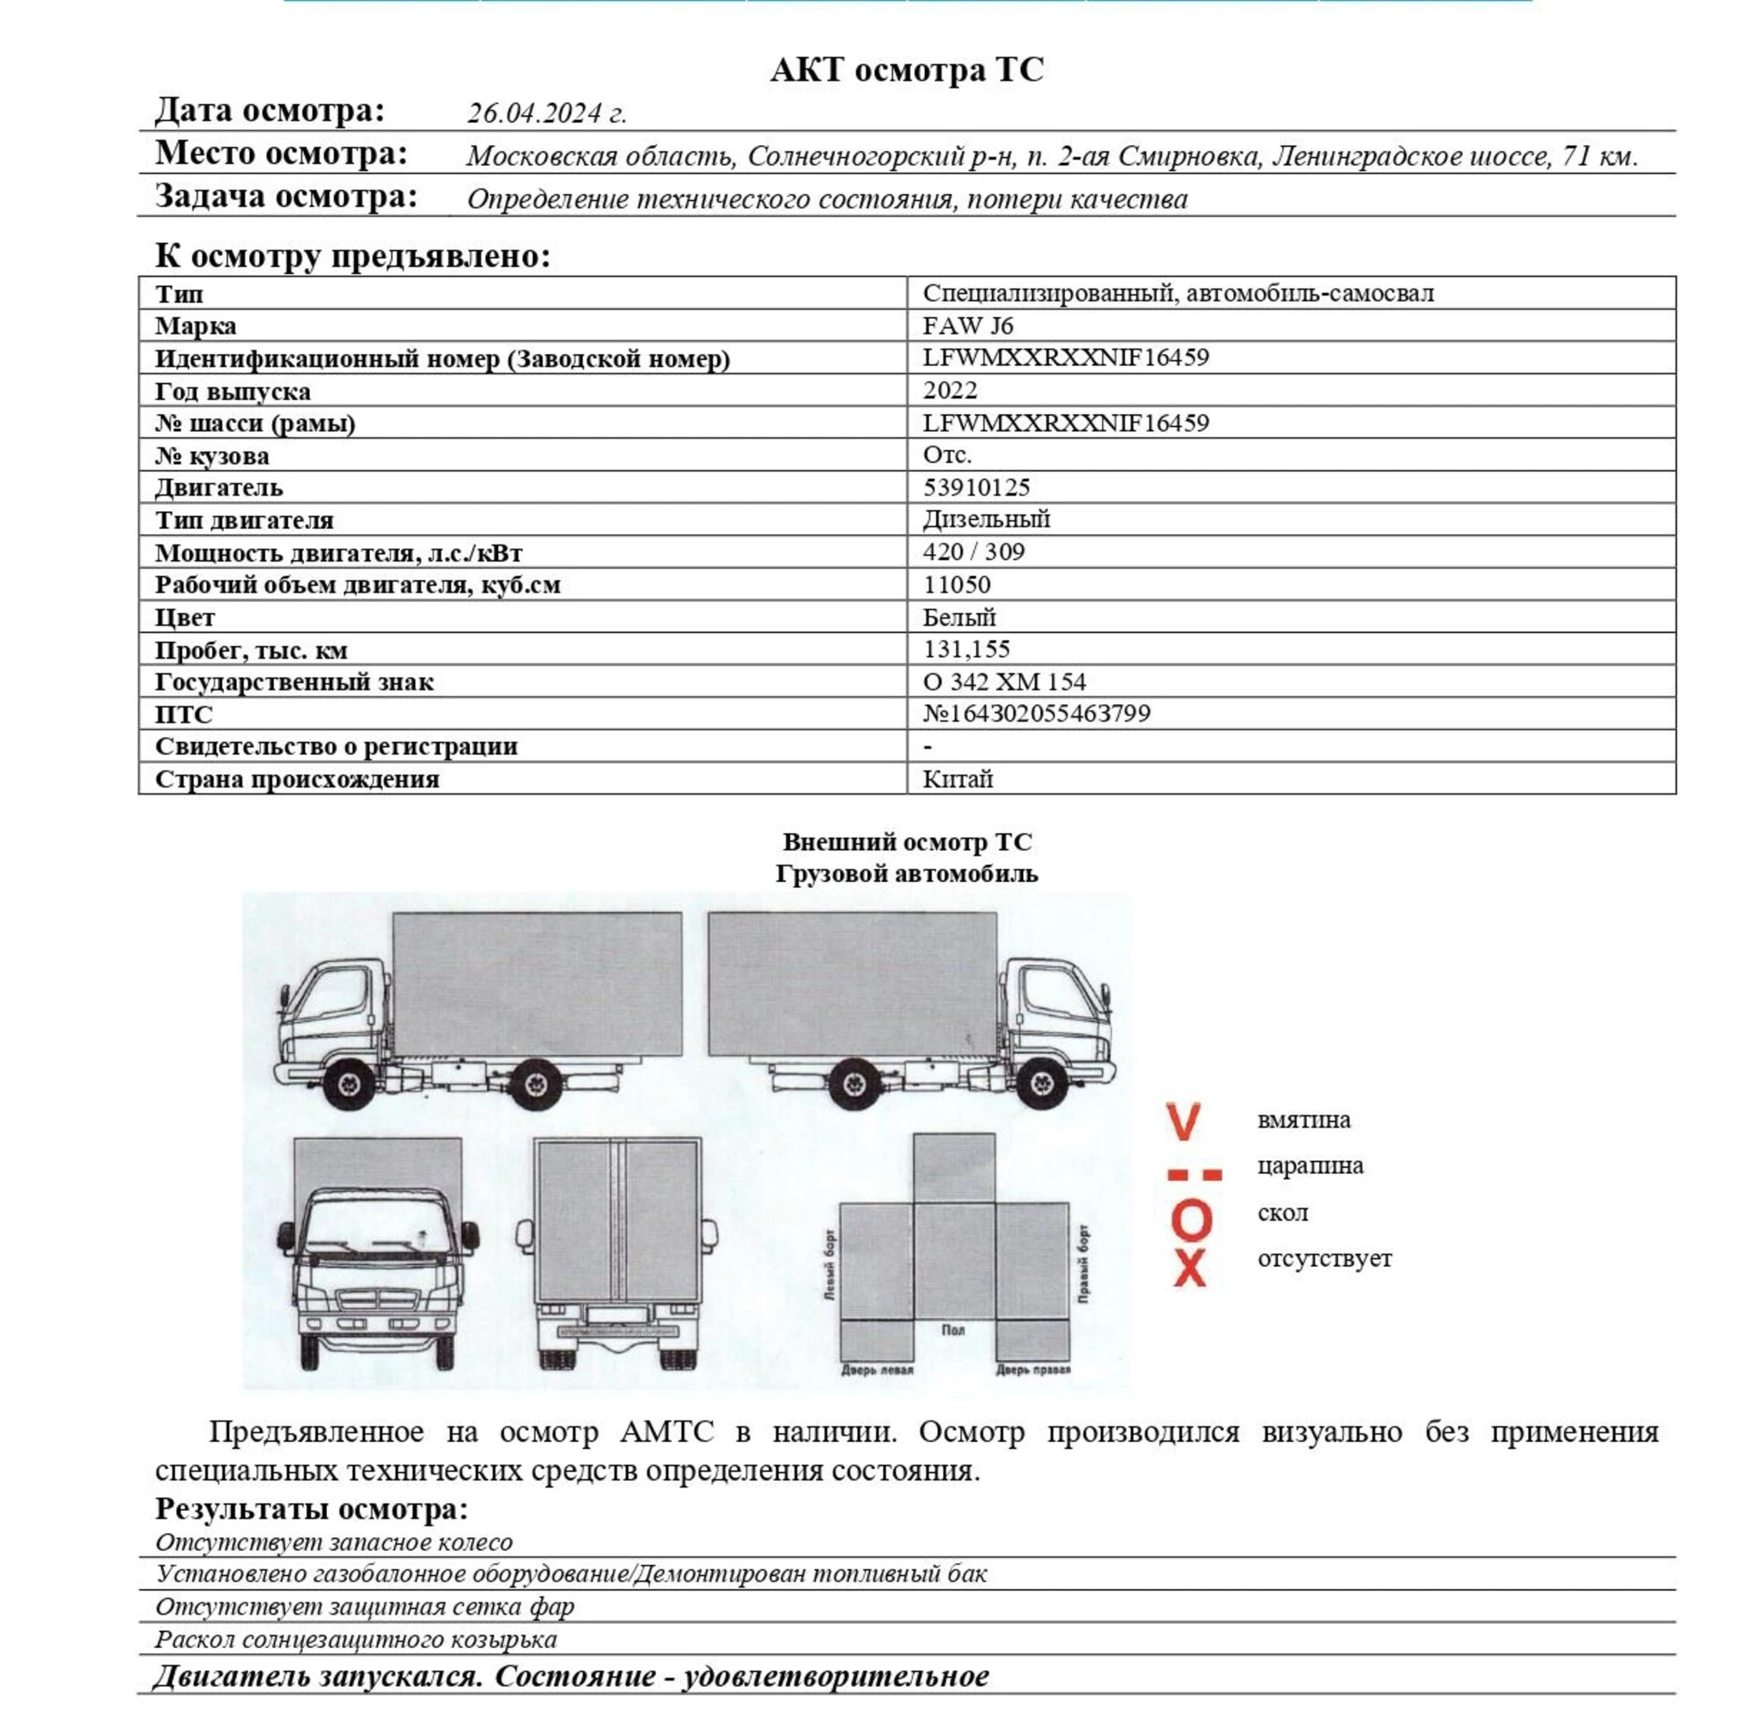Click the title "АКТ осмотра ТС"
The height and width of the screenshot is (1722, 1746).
coord(906,70)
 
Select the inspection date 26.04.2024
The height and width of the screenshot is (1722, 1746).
coord(546,113)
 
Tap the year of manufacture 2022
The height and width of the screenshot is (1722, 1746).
coord(950,390)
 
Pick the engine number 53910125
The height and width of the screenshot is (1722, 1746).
coord(976,487)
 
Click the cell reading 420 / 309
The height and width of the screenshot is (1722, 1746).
coord(973,551)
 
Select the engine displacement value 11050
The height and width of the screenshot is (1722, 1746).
coord(956,584)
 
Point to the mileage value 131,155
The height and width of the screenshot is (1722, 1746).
coord(966,649)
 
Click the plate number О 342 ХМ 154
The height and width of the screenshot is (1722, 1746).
coord(1004,682)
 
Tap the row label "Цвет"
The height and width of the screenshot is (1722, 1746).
coord(185,618)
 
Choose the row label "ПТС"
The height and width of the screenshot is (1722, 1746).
coord(184,714)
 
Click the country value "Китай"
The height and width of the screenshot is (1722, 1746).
coord(957,779)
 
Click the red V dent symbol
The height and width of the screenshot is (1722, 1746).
coord(1183,1121)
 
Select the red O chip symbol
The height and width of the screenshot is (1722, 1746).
coord(1190,1220)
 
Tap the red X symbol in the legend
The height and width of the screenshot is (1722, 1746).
coord(1189,1269)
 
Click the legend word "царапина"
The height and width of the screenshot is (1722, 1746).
coord(1310,1166)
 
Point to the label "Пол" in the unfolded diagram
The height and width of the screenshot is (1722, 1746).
coord(952,1330)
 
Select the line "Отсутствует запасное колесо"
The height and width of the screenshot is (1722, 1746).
coord(333,1542)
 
